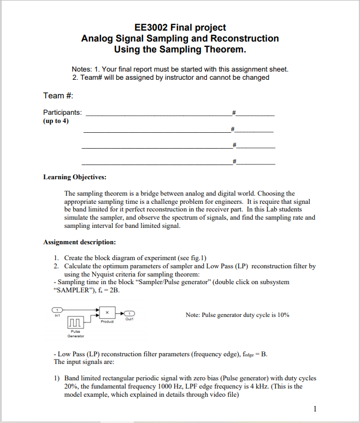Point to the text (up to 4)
(56, 121)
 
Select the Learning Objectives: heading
(75, 177)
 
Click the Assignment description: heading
(79, 242)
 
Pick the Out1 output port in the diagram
(129, 313)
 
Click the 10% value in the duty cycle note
(282, 315)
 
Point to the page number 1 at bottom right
(316, 408)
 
